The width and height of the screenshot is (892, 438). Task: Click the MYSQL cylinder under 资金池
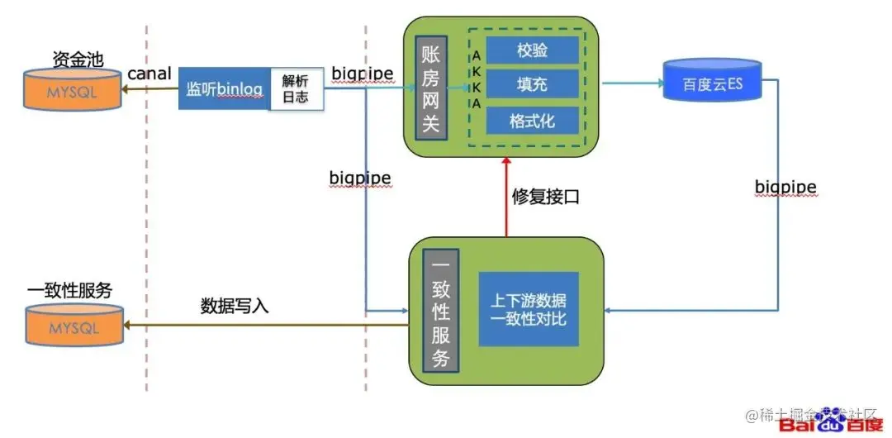[73, 91]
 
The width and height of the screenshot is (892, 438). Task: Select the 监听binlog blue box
[224, 89]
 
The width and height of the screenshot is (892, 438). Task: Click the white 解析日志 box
[295, 89]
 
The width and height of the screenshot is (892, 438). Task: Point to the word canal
[149, 74]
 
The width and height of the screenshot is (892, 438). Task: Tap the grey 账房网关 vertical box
[430, 86]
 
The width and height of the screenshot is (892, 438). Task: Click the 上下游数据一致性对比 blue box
[529, 308]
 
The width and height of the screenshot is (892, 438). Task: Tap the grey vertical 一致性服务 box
[441, 311]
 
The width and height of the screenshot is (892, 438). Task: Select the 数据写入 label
[235, 305]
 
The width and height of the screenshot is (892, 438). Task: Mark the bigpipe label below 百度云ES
[785, 188]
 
